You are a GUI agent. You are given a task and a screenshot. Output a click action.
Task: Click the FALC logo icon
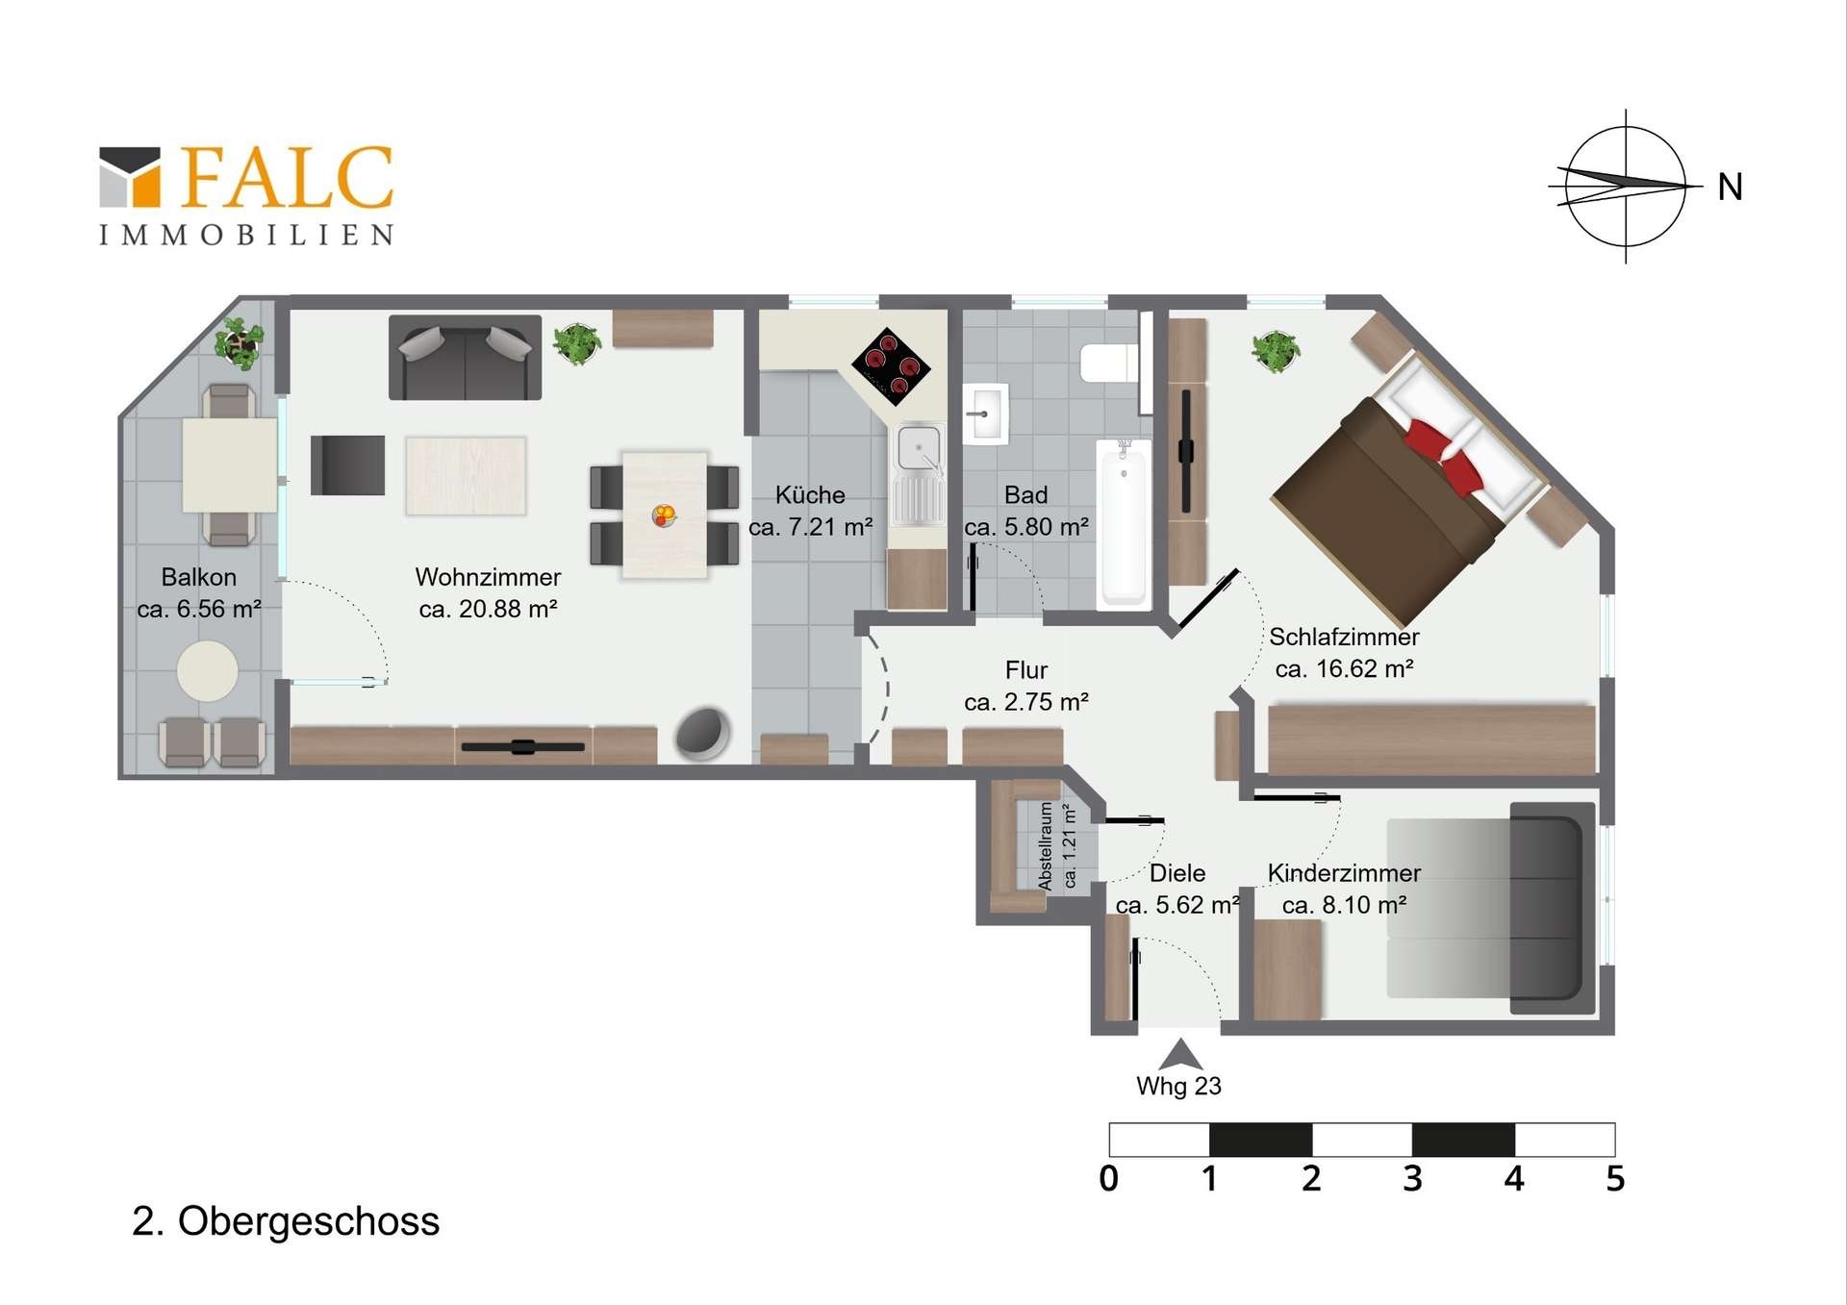[x=130, y=177]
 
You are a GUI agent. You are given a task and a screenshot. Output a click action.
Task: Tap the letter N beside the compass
[x=1730, y=187]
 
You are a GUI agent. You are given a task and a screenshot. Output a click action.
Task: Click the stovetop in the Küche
[x=892, y=366]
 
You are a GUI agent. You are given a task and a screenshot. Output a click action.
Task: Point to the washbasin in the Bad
[x=985, y=414]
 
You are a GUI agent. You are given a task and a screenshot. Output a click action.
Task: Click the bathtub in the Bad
[x=1124, y=525]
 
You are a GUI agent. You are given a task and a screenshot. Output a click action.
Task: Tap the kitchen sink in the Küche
[x=920, y=475]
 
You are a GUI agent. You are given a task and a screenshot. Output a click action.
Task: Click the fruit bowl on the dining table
[x=664, y=515]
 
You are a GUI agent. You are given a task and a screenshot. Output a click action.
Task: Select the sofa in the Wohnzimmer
[x=465, y=358]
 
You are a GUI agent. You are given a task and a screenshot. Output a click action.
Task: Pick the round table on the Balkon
[x=208, y=670]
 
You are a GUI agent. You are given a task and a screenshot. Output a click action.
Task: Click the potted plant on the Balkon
[x=240, y=342]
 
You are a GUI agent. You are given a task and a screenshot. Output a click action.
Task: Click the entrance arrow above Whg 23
[x=1180, y=1054]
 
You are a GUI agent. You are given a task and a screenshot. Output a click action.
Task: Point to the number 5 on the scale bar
[x=1615, y=1179]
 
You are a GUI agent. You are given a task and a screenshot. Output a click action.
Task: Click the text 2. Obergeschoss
[x=286, y=1221]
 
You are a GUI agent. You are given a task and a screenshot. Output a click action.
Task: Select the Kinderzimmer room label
[x=1344, y=873]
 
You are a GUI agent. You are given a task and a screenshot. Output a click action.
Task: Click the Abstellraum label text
[x=1047, y=845]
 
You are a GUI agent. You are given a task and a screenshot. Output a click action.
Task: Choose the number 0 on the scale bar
[x=1109, y=1179]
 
